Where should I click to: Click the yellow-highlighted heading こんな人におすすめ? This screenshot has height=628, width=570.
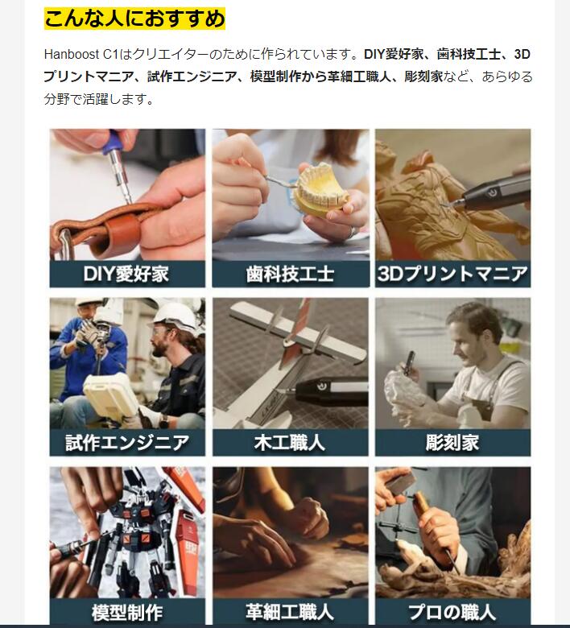(x=134, y=19)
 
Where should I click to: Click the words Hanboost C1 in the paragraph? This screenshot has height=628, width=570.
(x=81, y=54)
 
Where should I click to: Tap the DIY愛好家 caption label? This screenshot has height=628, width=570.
(x=126, y=275)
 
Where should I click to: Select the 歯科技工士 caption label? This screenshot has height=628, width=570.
(x=290, y=275)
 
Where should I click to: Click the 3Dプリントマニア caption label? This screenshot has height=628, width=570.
(x=452, y=274)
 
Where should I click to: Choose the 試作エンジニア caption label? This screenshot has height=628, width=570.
(x=127, y=443)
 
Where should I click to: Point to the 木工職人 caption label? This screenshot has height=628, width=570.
(x=290, y=443)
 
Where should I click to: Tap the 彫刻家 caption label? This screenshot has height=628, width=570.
(x=452, y=443)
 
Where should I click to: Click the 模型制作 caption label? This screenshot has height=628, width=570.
(x=127, y=613)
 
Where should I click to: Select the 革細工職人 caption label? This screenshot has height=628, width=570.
(x=290, y=612)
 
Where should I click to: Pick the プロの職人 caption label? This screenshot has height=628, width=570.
(x=452, y=612)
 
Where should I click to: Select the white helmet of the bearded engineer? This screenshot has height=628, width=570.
(x=174, y=316)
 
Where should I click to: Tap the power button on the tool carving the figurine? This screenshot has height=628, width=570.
(x=492, y=193)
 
